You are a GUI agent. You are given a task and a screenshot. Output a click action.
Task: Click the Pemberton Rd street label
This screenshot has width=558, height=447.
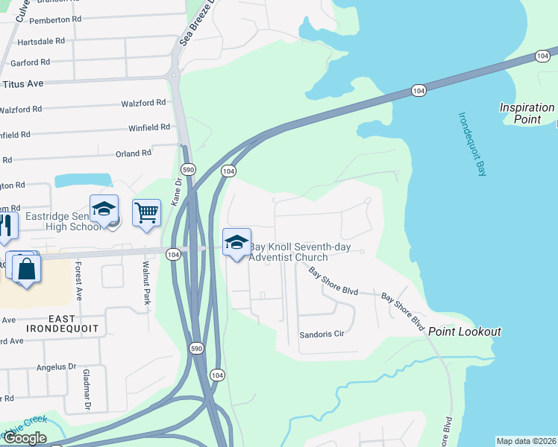click(x=56, y=19)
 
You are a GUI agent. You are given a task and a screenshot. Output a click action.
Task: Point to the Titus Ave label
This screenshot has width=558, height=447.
click(x=23, y=84)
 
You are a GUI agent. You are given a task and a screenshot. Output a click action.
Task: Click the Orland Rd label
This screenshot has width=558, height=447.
click(x=134, y=153)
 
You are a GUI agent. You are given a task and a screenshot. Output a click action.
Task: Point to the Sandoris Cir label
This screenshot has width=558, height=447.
click(x=322, y=335)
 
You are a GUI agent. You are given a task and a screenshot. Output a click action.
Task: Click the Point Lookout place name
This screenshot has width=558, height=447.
click(x=464, y=332)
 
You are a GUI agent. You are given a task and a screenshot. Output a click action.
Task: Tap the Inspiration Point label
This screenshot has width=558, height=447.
click(x=527, y=113)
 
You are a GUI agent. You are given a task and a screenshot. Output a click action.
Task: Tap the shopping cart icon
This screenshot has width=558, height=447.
click(x=147, y=212)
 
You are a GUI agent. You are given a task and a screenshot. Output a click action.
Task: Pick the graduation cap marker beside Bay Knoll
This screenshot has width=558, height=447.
click(x=237, y=242)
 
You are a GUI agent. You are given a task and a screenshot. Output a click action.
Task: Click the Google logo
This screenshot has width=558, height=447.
click(x=24, y=437)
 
